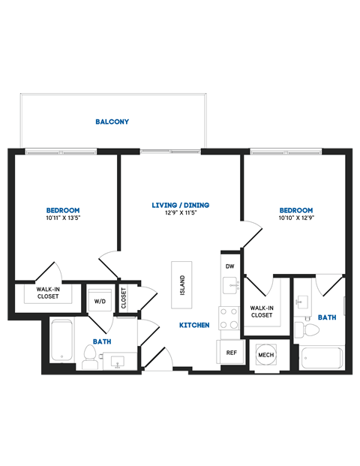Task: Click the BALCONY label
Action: pyautogui.click(x=112, y=122)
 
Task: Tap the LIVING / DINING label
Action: pyautogui.click(x=180, y=205)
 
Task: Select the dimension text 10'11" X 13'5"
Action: pyautogui.click(x=63, y=218)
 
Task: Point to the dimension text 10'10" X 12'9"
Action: pyautogui.click(x=295, y=218)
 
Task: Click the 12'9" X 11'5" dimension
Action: pyautogui.click(x=180, y=213)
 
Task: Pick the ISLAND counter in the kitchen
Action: pyautogui.click(x=181, y=285)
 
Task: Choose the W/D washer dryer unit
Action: pyautogui.click(x=100, y=302)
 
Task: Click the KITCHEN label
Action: pyautogui.click(x=193, y=326)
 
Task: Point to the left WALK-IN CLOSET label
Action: pyautogui.click(x=49, y=293)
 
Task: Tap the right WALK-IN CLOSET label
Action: pyautogui.click(x=261, y=311)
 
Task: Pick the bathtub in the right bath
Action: pyautogui.click(x=322, y=359)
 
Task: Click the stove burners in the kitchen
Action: pyautogui.click(x=229, y=319)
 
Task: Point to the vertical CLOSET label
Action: pyautogui.click(x=124, y=298)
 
